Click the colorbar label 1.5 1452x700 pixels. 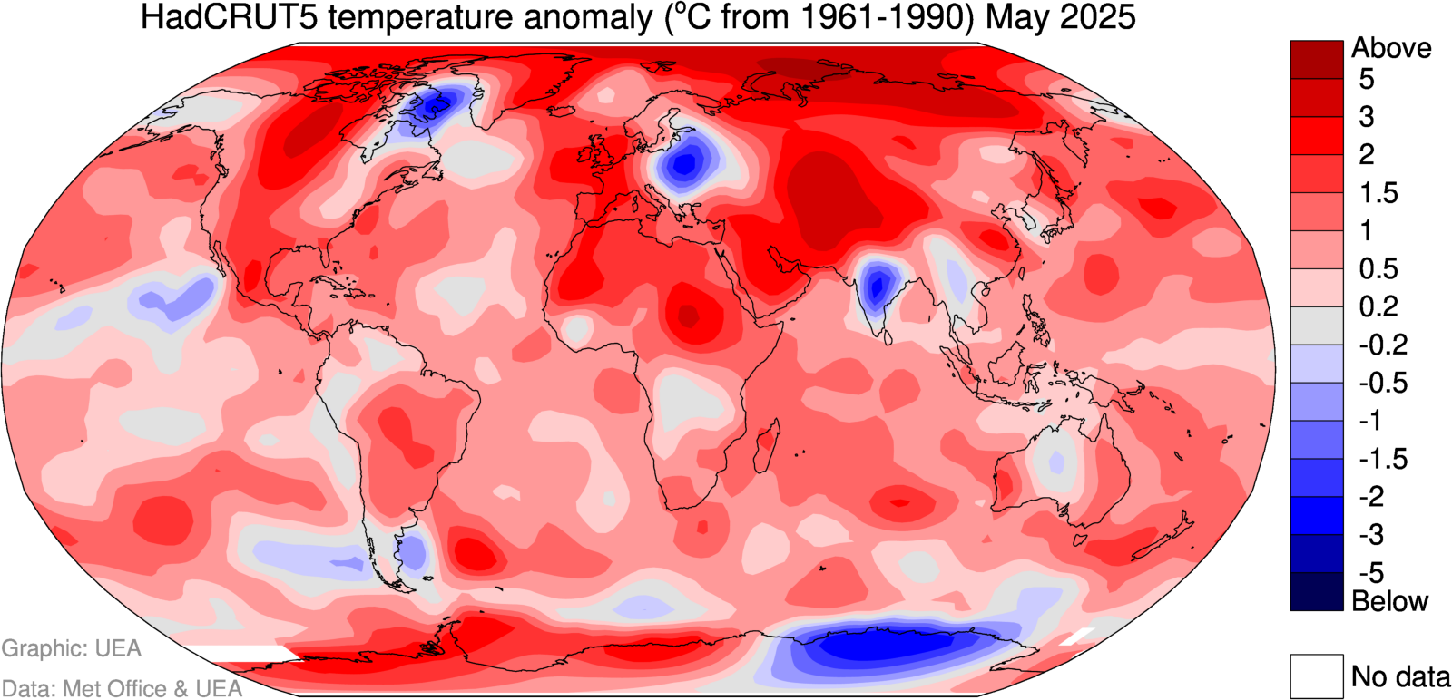tap(1378, 193)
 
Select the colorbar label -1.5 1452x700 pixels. tap(1383, 459)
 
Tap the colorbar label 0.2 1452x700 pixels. tap(1378, 306)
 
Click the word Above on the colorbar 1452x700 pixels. tap(1391, 48)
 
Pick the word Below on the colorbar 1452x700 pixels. tap(1389, 600)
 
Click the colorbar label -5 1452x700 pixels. tap(1370, 573)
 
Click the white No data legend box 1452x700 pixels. tap(1316, 676)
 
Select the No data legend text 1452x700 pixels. tap(1400, 676)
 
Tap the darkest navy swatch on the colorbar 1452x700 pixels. tap(1316, 592)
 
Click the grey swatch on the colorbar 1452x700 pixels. tap(1316, 326)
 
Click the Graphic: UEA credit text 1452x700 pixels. tap(72, 648)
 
